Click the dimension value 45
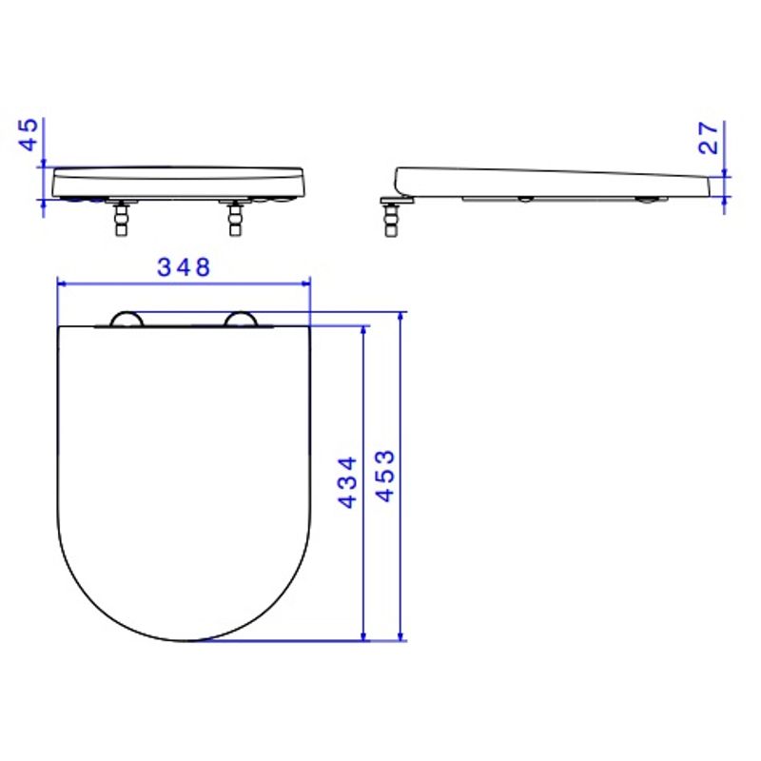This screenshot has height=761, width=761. [29, 134]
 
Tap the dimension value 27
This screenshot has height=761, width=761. [708, 138]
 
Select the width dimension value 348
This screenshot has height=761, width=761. [184, 267]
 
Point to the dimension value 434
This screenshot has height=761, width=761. [348, 482]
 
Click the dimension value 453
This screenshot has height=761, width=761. [386, 477]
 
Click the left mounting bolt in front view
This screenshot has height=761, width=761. [122, 218]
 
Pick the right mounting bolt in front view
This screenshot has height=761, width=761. [235, 218]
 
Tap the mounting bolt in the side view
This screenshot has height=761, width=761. [390, 220]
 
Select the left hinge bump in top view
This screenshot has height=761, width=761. [127, 319]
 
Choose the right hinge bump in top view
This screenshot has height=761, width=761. [241, 319]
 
